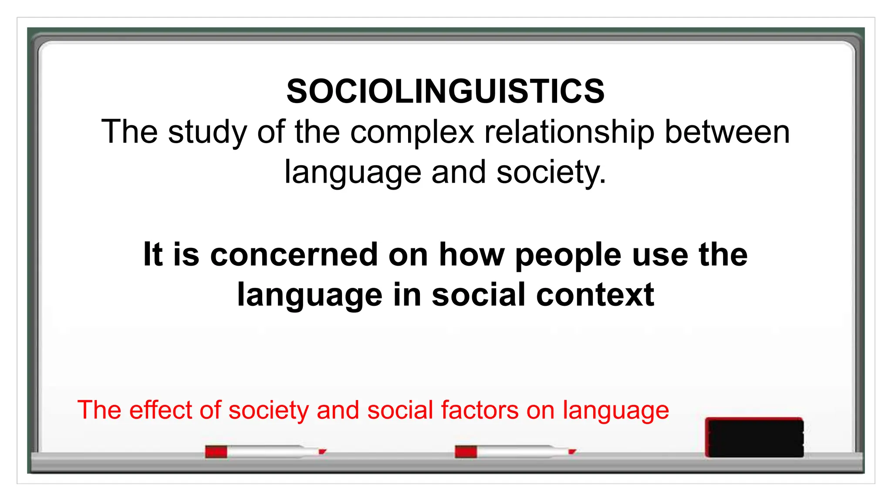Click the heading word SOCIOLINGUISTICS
pyautogui.click(x=446, y=91)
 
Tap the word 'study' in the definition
pyautogui.click(x=207, y=132)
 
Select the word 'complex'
pyautogui.click(x=412, y=132)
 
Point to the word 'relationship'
pyautogui.click(x=570, y=132)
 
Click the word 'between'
pyautogui.click(x=727, y=132)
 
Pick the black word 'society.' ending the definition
pyautogui.click(x=551, y=172)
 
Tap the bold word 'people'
pyautogui.click(x=568, y=255)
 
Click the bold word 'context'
pyautogui.click(x=595, y=295)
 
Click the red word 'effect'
pyautogui.click(x=161, y=410)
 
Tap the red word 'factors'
pyautogui.click(x=479, y=410)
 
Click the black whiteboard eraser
pyautogui.click(x=754, y=437)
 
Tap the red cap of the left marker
pyautogui.click(x=216, y=451)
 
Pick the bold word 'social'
pyautogui.click(x=479, y=295)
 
